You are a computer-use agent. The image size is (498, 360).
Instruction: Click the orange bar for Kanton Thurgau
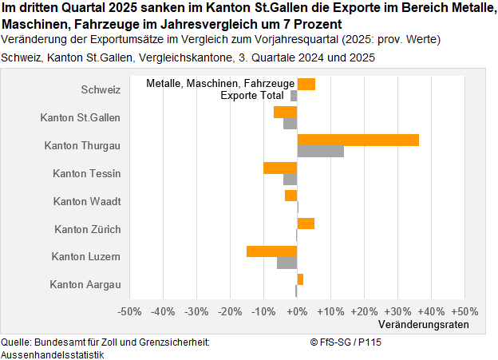click(x=358, y=140)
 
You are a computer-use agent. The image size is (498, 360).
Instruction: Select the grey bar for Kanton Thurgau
click(x=320, y=151)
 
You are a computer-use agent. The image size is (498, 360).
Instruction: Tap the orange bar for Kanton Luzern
click(x=271, y=251)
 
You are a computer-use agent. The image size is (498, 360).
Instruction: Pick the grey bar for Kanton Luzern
click(x=287, y=263)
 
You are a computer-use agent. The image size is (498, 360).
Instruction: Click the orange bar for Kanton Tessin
click(x=280, y=168)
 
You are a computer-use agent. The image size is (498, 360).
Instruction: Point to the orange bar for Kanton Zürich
click(x=306, y=224)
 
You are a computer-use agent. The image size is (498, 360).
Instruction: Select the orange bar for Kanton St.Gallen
click(x=285, y=112)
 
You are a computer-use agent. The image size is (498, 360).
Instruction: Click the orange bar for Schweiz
click(x=306, y=84)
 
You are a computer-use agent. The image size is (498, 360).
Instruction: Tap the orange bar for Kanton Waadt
click(x=290, y=196)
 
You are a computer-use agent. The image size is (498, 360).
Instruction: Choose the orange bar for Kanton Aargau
click(x=300, y=279)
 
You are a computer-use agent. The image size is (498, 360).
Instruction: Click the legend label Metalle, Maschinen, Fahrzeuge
click(x=221, y=84)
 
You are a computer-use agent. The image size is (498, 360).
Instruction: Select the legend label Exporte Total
click(x=251, y=96)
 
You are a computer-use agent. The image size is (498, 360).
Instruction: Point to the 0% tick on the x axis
click(x=297, y=311)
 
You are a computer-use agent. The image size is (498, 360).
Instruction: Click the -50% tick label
click(x=129, y=311)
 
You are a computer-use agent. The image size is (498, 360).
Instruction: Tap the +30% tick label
click(x=397, y=311)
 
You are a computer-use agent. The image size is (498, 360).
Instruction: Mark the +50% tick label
click(x=464, y=311)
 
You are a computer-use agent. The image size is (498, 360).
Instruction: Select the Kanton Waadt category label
click(x=87, y=201)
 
